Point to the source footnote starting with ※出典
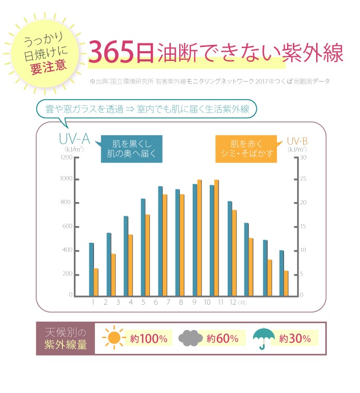click(209, 82)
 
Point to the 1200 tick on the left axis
click(66, 157)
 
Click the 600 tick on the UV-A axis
click(67, 227)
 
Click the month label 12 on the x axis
click(233, 303)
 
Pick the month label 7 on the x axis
click(168, 303)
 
